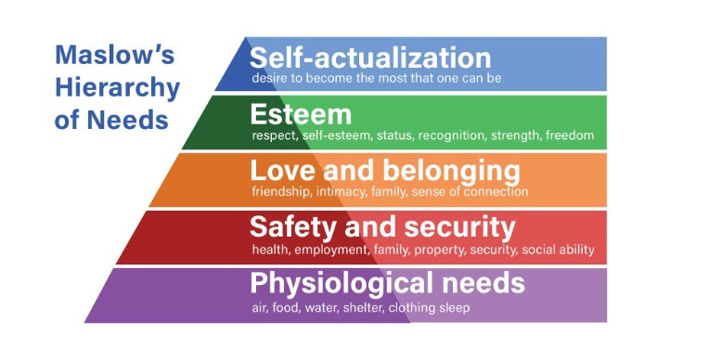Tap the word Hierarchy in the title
tap(117, 88)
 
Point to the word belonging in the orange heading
tap(453, 171)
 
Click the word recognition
tap(450, 135)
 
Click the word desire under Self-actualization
tap(271, 78)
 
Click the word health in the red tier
tap(270, 251)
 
